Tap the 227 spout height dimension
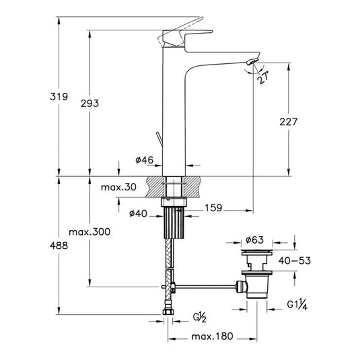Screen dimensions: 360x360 287,121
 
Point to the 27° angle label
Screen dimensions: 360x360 262,79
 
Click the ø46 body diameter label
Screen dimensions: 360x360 145,160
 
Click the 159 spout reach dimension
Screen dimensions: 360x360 213,208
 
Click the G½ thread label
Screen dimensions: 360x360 200,316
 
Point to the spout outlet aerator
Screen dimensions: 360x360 251,63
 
